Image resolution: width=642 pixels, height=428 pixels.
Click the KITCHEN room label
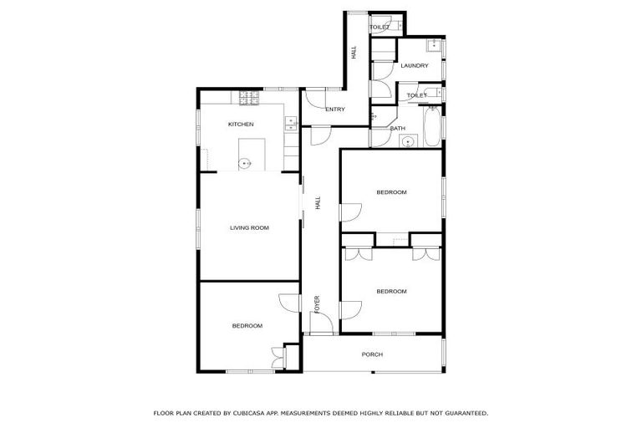241,125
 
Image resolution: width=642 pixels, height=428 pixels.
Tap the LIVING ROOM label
249,227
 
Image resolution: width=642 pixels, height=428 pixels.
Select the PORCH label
372,354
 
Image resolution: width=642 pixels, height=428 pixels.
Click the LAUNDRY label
414,66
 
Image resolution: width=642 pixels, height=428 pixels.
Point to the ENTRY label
335,110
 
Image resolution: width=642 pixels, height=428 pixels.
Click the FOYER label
317,304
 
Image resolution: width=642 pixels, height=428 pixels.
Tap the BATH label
397,129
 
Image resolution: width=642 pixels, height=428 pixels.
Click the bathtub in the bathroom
432,126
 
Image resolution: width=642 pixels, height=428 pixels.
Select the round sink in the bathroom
408,141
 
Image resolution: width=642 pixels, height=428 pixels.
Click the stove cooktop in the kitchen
248,99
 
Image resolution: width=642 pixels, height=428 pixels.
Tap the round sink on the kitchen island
245,163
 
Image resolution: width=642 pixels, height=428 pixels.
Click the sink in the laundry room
434,45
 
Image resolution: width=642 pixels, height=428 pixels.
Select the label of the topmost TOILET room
380,28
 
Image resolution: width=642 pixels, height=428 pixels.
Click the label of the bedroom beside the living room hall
391,192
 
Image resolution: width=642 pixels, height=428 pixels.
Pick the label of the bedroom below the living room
247,326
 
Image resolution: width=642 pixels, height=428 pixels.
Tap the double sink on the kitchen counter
290,124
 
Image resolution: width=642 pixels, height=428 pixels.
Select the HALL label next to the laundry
354,52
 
